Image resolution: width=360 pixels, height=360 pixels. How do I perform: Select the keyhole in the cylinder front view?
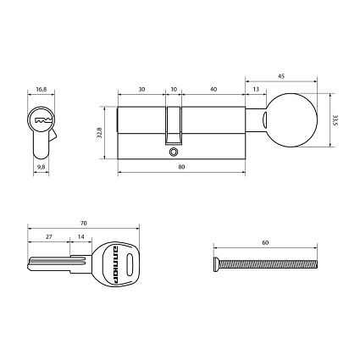click(41, 122)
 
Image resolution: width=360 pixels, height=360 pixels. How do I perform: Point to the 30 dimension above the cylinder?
click(141, 88)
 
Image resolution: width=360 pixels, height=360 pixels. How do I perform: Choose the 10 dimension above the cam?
click(174, 88)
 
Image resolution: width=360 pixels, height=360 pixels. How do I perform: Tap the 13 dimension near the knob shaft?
click(256, 88)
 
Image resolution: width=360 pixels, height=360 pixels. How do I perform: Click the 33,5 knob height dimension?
click(335, 119)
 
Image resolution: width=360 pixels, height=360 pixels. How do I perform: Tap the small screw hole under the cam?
click(174, 153)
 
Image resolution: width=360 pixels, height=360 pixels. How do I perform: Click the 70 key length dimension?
click(82, 224)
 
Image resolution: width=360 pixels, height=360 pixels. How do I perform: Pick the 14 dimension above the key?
click(80, 239)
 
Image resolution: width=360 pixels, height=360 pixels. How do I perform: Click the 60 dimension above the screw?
click(265, 242)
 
